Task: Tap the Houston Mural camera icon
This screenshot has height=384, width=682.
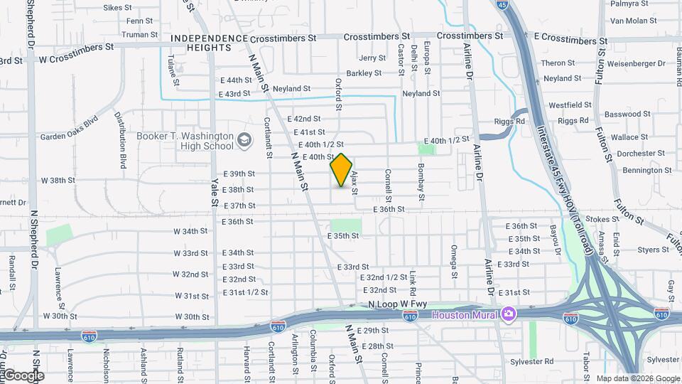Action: pos(508,314)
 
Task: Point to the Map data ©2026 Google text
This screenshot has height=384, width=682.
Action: pos(637,378)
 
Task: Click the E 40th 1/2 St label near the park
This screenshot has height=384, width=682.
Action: pos(447,139)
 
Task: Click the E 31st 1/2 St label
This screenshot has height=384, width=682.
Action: pos(245,292)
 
